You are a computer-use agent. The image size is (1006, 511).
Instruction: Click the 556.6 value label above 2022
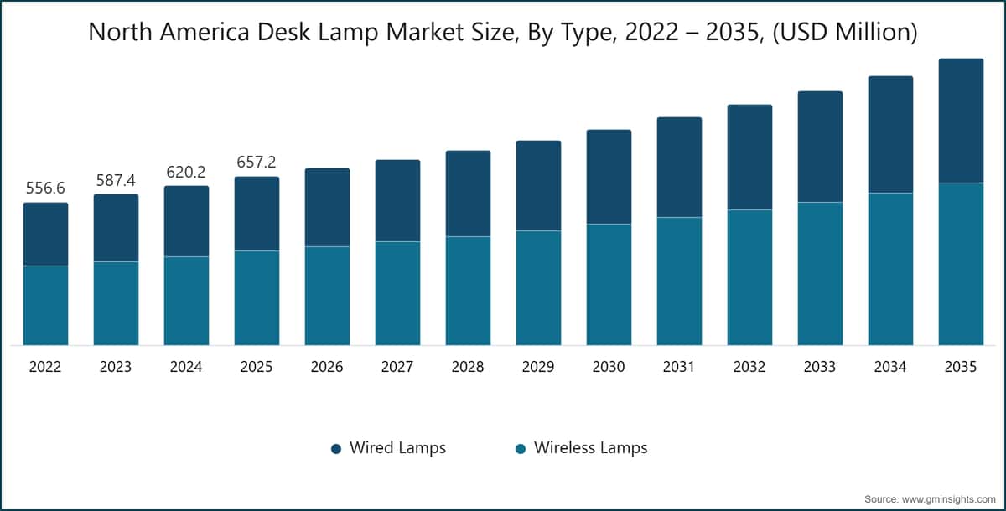45,188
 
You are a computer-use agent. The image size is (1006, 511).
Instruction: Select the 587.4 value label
116,180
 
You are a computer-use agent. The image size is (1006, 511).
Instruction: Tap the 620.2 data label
186,172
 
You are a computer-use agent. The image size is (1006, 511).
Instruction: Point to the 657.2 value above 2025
257,163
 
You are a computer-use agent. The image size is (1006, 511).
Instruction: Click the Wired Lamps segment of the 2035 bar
961,121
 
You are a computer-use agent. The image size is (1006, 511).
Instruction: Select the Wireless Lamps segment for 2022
45,305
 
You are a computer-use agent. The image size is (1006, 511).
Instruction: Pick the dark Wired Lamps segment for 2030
609,177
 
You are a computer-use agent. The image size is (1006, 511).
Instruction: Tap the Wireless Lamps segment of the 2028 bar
468,290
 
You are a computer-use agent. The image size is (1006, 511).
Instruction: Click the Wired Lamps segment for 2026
327,207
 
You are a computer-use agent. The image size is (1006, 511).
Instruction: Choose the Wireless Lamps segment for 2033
820,273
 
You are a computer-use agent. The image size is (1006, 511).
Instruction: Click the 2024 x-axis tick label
186,367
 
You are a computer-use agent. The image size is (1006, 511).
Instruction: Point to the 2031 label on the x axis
679,367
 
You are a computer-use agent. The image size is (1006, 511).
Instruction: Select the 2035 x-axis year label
961,367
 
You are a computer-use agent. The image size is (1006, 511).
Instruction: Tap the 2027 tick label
397,367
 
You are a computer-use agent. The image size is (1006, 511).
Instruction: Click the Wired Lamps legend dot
336,449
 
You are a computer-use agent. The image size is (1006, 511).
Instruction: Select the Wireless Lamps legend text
590,448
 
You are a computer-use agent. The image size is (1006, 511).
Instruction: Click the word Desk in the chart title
320,33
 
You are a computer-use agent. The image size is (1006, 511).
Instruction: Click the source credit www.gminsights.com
947,498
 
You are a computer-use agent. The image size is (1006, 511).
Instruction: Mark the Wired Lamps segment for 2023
116,228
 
